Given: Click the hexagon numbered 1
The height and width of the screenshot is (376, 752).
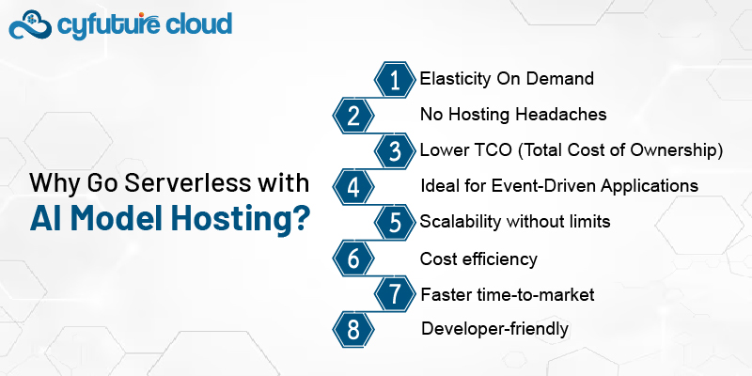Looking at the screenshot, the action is (395, 80).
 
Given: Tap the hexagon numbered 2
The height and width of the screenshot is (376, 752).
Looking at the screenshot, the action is (353, 116).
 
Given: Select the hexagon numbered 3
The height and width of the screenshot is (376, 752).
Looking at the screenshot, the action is (395, 151).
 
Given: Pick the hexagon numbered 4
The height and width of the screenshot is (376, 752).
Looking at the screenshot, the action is (353, 187).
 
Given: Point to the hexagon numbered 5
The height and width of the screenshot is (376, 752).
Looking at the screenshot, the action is (395, 223).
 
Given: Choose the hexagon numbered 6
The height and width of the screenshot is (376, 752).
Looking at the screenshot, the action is (353, 258).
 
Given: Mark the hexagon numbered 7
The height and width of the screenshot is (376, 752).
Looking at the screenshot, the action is (395, 294).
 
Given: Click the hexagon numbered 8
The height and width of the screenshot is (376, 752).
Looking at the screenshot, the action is (353, 330).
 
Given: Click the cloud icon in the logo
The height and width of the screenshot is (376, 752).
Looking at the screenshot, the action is (30, 25).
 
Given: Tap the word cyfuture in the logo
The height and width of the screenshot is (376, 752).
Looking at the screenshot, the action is (108, 24).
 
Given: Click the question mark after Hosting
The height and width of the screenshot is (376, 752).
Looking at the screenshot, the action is (300, 217).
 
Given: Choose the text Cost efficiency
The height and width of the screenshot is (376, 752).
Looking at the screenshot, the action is (478, 259).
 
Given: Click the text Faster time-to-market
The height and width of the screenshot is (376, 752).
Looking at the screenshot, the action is (508, 294).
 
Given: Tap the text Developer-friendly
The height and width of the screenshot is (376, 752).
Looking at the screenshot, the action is (495, 329).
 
